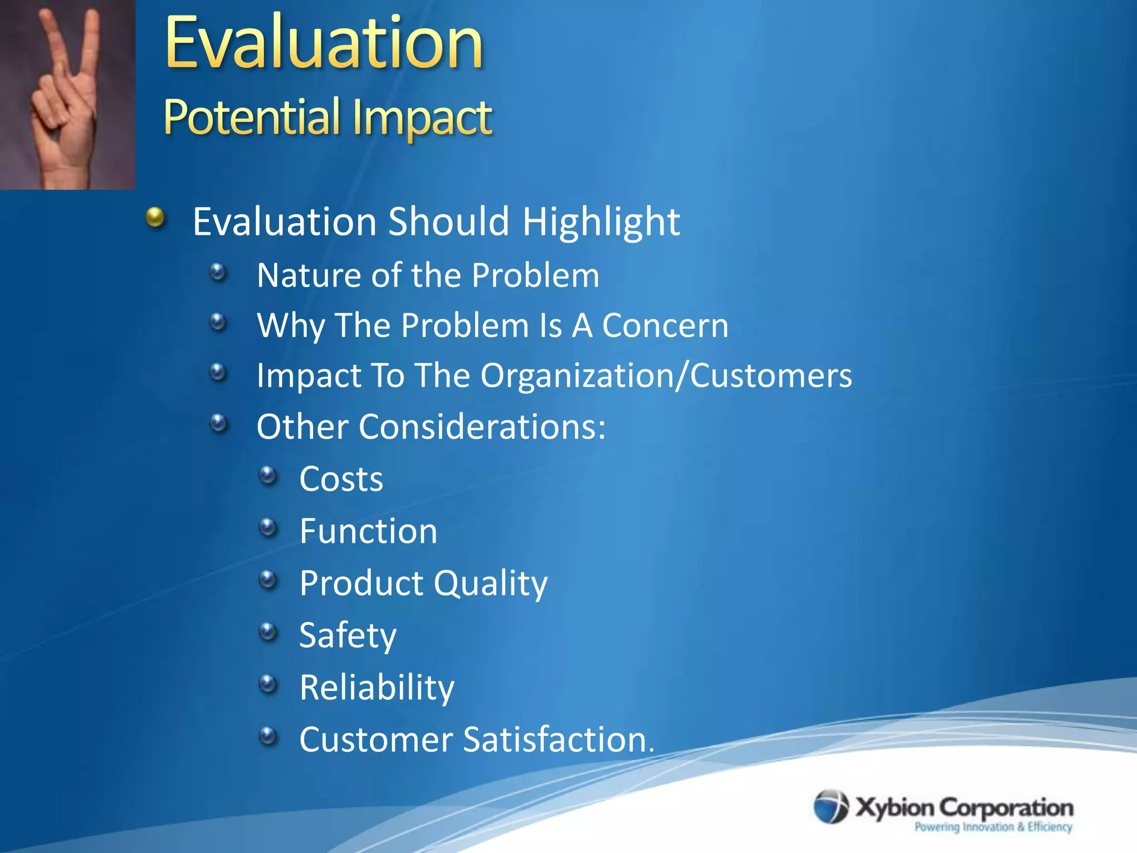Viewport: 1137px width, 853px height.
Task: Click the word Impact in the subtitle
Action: tap(422, 117)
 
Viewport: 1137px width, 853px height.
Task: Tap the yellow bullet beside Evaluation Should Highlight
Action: tap(156, 218)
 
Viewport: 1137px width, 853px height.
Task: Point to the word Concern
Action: tap(665, 325)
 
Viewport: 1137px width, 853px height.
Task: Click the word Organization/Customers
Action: tap(666, 376)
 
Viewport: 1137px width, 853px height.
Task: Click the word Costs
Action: tap(341, 479)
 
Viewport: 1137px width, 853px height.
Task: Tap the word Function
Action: tap(368, 531)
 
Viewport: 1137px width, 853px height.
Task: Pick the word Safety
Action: tap(348, 635)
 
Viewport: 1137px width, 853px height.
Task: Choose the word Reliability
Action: tap(376, 688)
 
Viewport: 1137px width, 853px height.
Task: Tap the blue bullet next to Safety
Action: tap(268, 631)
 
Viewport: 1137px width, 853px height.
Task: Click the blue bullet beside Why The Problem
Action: tap(218, 322)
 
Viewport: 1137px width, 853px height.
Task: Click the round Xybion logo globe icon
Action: tap(831, 806)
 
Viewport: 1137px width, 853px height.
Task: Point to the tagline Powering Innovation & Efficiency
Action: tap(993, 827)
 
